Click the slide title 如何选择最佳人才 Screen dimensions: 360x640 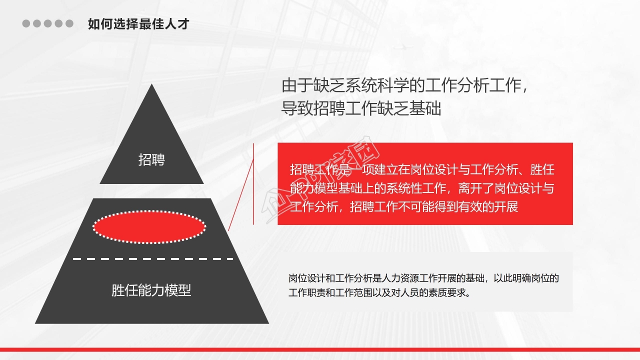(x=138, y=23)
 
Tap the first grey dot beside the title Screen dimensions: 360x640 (x=26, y=23)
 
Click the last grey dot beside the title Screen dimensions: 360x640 (x=69, y=23)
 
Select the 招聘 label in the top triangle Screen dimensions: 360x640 (x=151, y=160)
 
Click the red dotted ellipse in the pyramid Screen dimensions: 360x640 (x=149, y=227)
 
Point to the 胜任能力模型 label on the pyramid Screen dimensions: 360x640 (x=151, y=290)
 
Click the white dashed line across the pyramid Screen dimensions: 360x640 (x=152, y=259)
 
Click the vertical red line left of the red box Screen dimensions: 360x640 (x=254, y=183)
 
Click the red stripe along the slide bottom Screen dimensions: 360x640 (x=320, y=349)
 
